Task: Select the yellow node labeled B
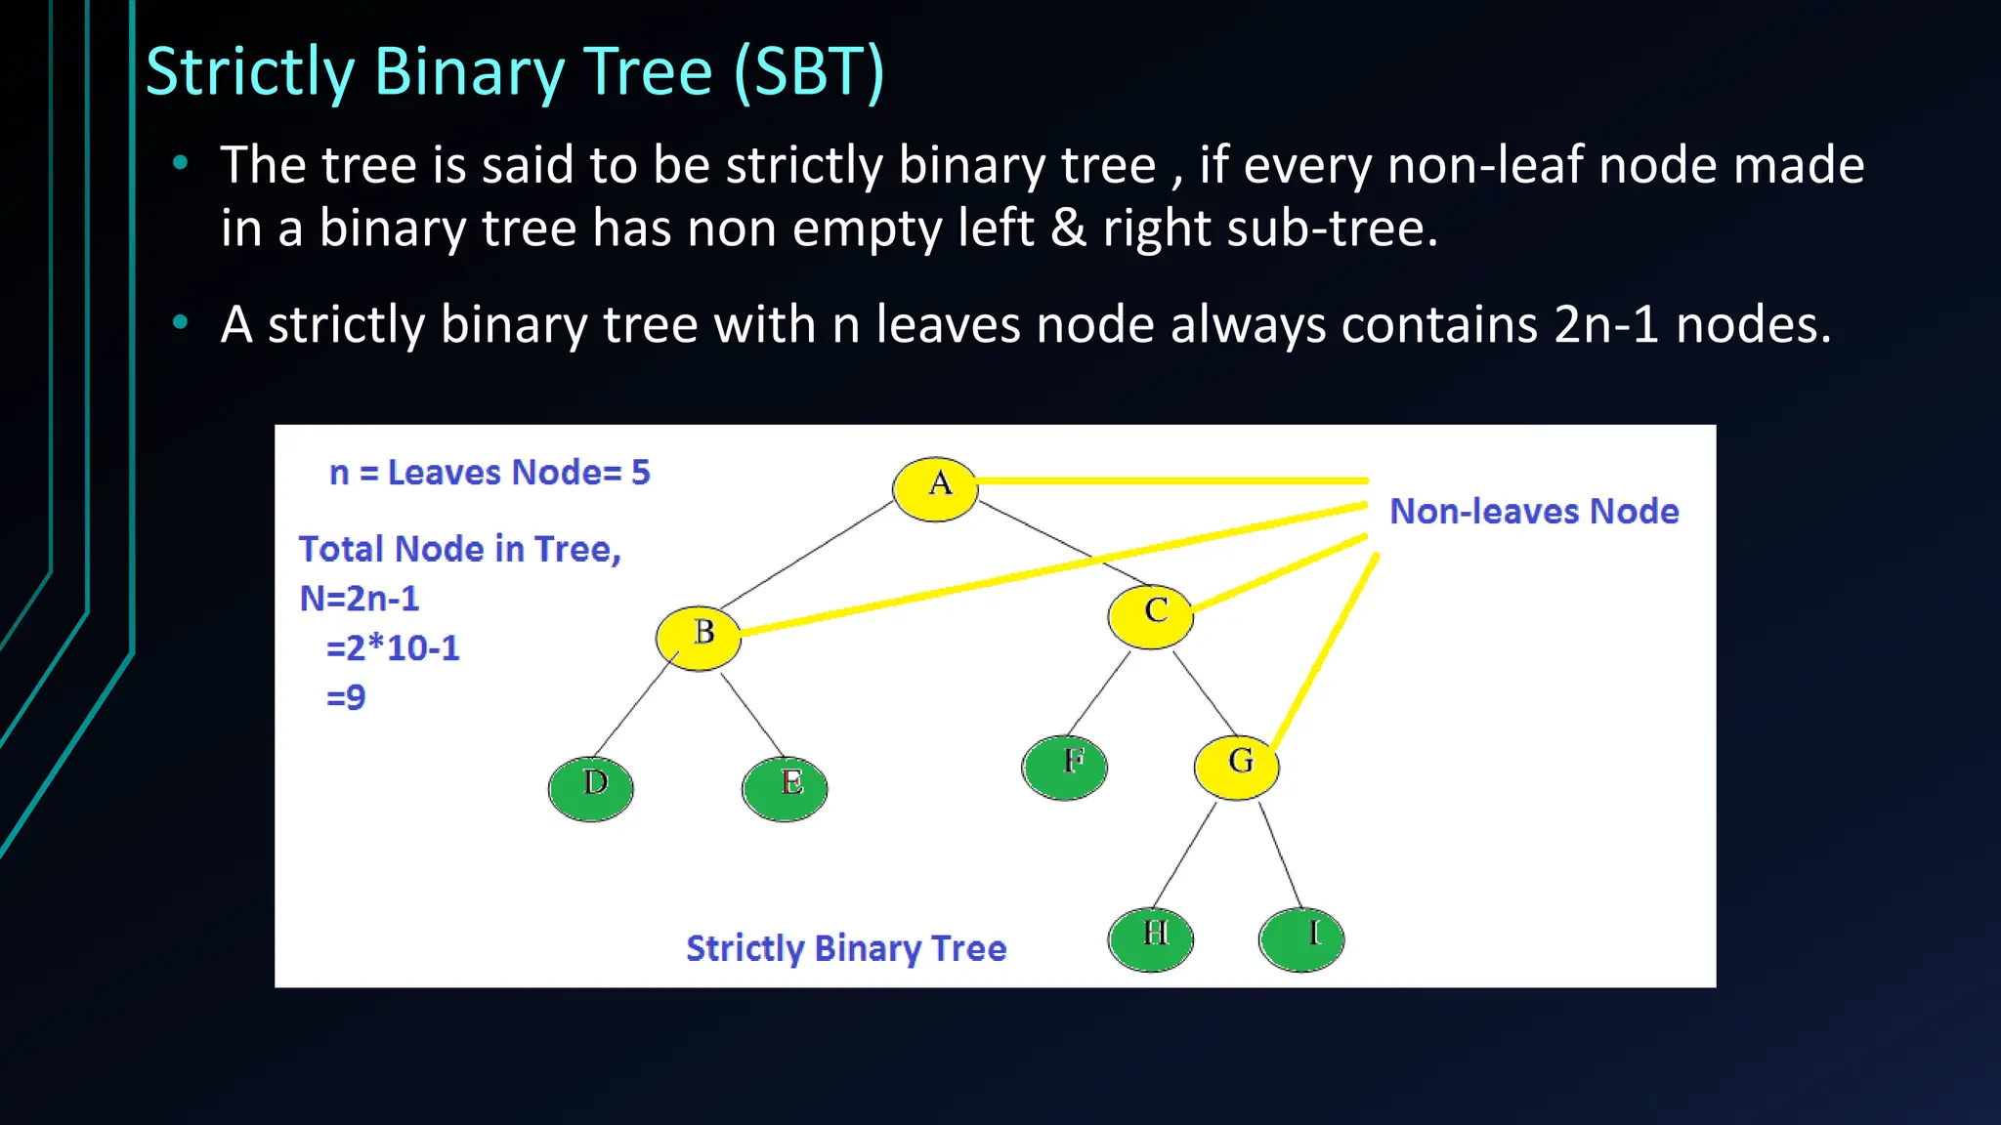(x=699, y=637)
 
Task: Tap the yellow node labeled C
(x=1151, y=615)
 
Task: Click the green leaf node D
(x=591, y=788)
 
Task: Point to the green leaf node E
(x=785, y=788)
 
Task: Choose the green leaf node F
(x=1065, y=767)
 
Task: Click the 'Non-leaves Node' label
(x=1534, y=511)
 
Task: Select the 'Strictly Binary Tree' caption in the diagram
(x=846, y=948)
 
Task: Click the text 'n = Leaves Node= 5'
(x=490, y=473)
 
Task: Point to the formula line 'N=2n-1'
(x=360, y=598)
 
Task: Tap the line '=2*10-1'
(x=393, y=647)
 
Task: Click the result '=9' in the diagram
(x=346, y=697)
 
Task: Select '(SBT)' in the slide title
(x=809, y=71)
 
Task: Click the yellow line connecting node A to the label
(x=1172, y=480)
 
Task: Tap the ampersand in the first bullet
(x=1068, y=228)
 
